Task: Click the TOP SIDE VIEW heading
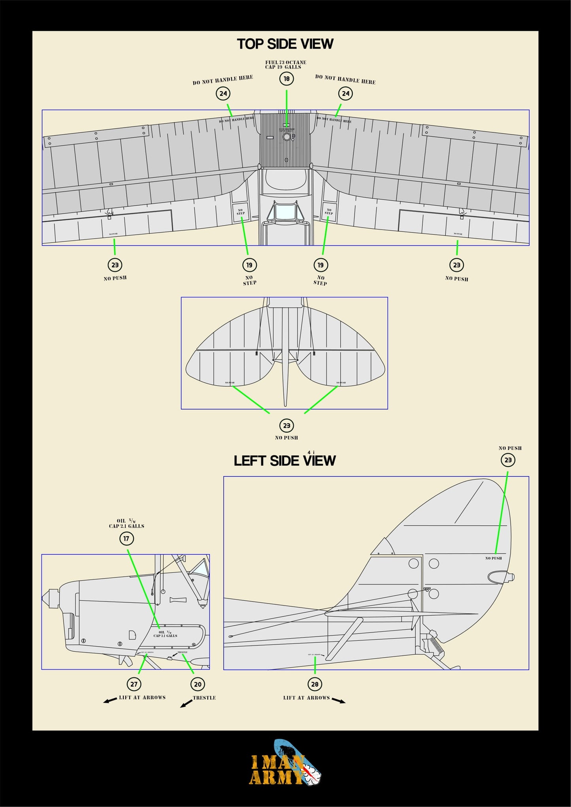pos(285,44)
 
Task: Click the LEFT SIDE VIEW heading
pos(285,461)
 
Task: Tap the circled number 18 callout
pos(286,79)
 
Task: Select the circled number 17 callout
pos(126,538)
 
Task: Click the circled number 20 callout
pos(198,684)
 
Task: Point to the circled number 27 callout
pos(134,684)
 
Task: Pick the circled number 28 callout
pos(315,684)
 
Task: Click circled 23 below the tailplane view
pos(286,425)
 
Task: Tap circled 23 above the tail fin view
pos(508,460)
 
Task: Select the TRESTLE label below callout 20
pos(204,698)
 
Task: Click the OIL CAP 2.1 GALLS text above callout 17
pos(126,523)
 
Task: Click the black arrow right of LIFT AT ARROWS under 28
pos(339,700)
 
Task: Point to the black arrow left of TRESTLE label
pos(186,704)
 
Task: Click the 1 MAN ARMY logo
pos(285,768)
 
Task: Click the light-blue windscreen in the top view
pos(286,212)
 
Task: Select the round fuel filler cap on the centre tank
pos(287,137)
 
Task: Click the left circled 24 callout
pos(223,94)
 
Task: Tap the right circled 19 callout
pos(320,265)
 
